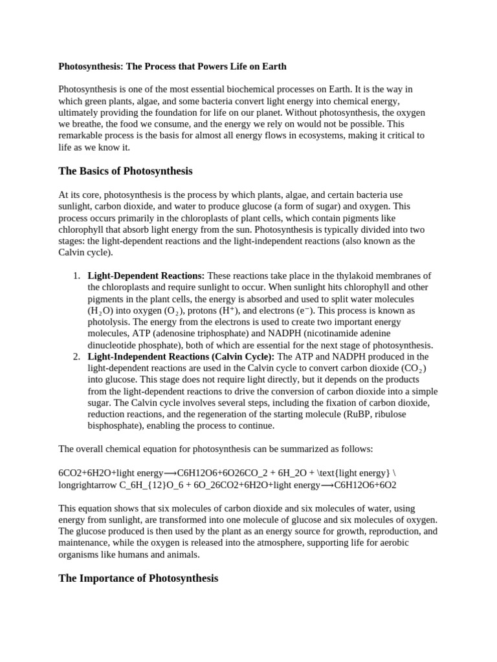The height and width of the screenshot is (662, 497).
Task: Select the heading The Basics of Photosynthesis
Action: coord(125,171)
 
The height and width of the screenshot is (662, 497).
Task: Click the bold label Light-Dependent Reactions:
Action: coord(146,276)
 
